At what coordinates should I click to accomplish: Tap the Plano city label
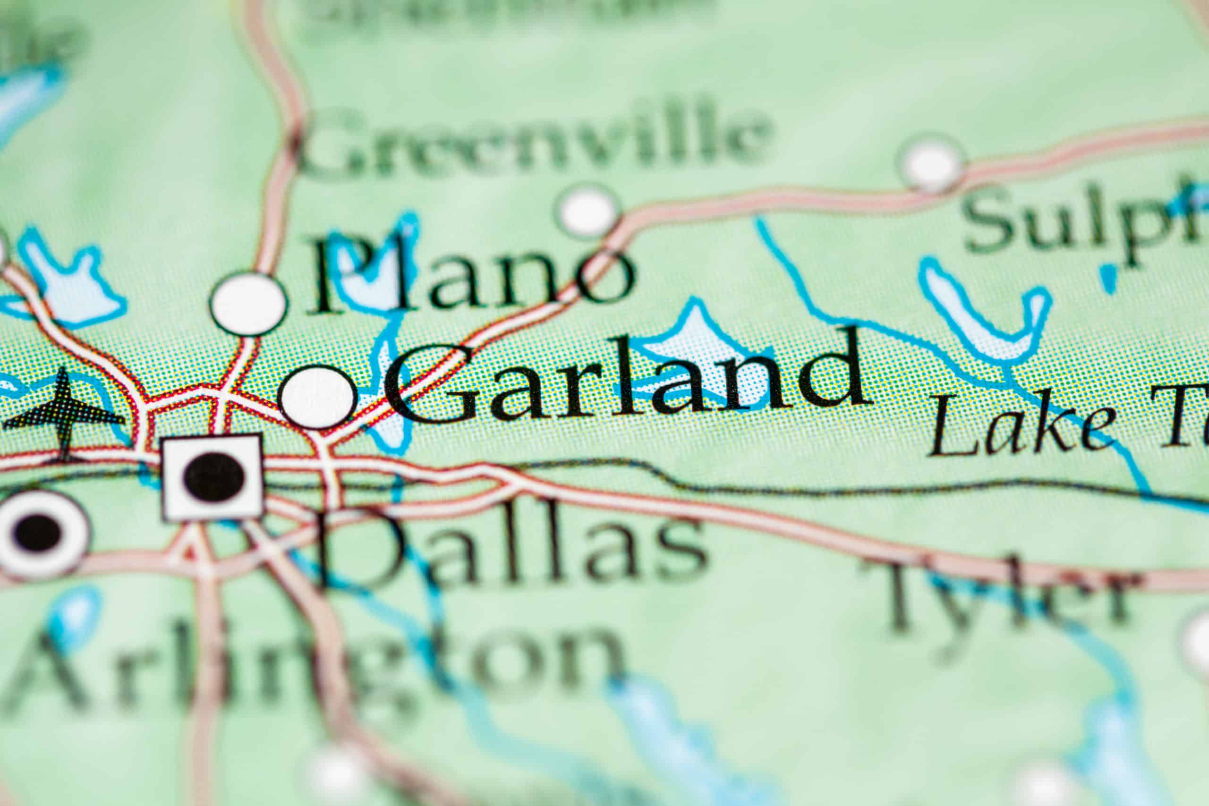(x=470, y=278)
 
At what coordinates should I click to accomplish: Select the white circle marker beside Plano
(x=249, y=304)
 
